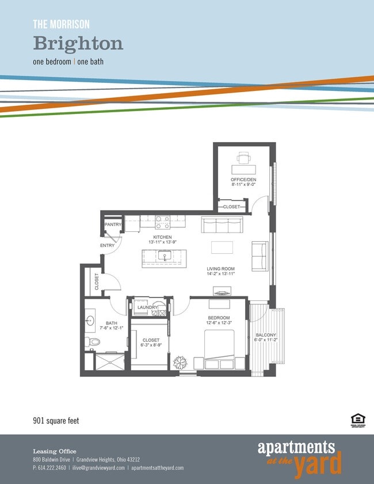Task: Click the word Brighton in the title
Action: tap(78, 43)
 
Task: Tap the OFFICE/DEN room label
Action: tap(243, 180)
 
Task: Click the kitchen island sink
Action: tap(165, 256)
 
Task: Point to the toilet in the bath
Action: tap(94, 342)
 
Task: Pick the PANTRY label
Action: tap(113, 224)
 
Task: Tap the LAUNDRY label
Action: tap(148, 308)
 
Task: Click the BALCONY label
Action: tap(266, 335)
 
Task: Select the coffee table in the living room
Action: tap(223, 247)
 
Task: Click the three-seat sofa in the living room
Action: tap(223, 224)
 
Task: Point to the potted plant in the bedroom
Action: tap(180, 362)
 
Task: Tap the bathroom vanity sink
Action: tap(91, 321)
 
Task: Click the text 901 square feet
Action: tap(55, 421)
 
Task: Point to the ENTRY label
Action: tap(108, 246)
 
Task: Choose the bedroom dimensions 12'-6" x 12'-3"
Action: tap(219, 323)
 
